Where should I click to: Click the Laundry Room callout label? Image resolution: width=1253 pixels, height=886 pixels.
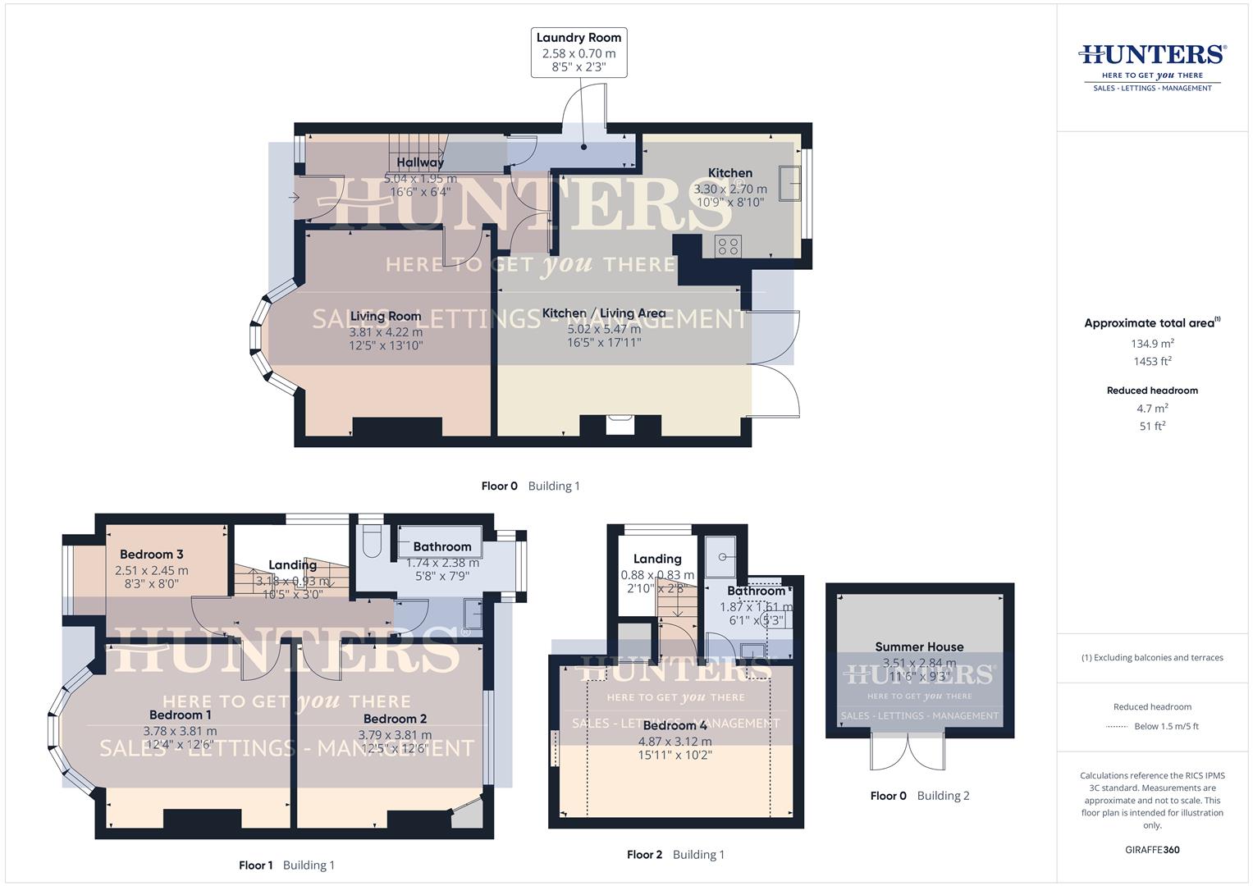[578, 38]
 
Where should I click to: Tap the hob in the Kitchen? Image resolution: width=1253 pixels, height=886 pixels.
[728, 245]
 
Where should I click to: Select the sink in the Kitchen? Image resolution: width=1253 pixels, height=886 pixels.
[791, 183]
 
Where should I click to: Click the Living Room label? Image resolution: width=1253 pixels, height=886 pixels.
[386, 316]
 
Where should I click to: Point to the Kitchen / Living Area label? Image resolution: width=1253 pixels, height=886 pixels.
[604, 313]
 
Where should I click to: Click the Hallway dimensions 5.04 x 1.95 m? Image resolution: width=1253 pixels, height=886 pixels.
[421, 178]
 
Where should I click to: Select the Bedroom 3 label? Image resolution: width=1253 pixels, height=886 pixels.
[152, 555]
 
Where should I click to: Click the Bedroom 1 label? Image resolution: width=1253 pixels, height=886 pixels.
[180, 715]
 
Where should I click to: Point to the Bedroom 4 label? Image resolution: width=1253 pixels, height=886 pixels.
[675, 725]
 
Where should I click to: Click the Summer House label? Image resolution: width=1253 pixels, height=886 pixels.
[919, 646]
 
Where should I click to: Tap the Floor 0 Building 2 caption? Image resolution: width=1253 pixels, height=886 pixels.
[920, 796]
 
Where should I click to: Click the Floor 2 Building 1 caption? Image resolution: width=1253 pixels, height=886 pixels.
[675, 855]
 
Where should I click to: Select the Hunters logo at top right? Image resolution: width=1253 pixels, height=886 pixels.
[1152, 66]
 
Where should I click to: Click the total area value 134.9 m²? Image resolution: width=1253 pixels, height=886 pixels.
[1152, 344]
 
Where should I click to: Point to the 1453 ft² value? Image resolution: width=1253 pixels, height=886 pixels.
[1152, 361]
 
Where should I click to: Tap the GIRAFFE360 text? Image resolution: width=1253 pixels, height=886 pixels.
[1152, 850]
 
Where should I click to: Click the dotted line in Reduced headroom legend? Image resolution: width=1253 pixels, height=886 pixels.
[1117, 726]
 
